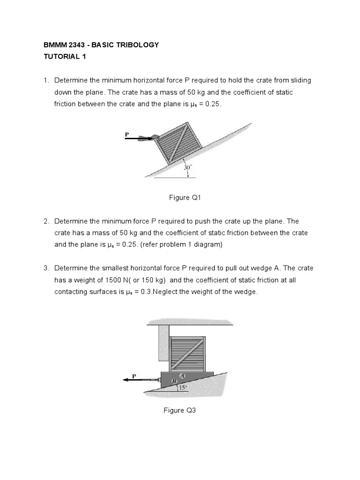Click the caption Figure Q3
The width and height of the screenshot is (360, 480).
coord(180,410)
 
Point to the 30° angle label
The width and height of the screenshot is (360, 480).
coord(187,167)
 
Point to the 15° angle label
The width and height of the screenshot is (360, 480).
coord(182,387)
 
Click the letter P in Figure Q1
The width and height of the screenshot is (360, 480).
coord(127,134)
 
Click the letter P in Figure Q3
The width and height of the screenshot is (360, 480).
coord(134,375)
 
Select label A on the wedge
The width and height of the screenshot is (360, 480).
coord(182,375)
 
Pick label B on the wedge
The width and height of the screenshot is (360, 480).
coord(173,381)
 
